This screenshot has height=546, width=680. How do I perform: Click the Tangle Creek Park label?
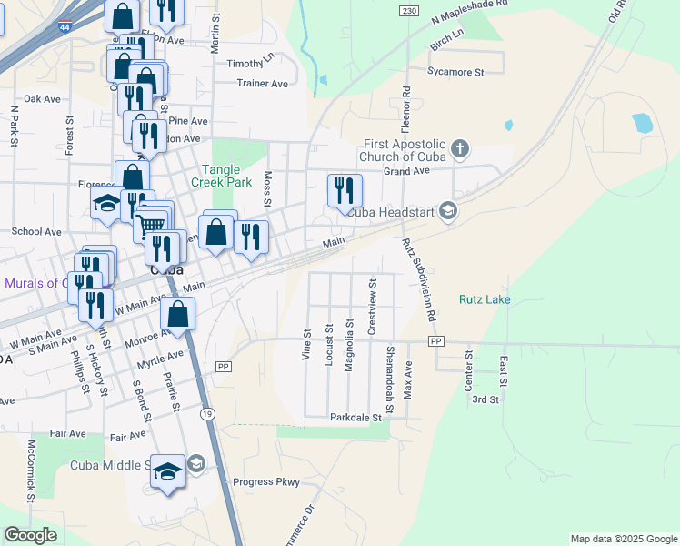coord(226,176)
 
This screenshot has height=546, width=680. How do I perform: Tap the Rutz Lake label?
coord(485,299)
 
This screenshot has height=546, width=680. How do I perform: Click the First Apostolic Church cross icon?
coord(460,148)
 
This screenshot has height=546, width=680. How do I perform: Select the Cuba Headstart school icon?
coord(447,211)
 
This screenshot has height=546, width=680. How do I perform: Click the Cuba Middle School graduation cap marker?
coord(167,472)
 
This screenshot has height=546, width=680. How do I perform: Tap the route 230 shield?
coord(408,9)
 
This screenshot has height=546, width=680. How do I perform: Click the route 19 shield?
coord(208,414)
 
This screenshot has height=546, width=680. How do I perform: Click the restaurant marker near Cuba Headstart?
coord(345,190)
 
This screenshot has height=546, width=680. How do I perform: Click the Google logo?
coord(30,535)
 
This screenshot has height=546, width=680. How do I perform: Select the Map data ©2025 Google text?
coord(623,539)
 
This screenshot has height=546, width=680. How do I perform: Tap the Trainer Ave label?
coord(262,84)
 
